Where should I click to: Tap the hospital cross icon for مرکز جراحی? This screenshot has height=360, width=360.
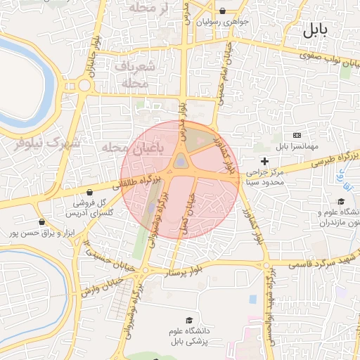coord(264,162)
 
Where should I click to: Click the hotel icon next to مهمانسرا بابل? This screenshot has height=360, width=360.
coord(296,135)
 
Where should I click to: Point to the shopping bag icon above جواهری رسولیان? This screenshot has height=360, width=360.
coord(223,11)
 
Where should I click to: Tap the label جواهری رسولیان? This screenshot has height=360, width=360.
coord(223,22)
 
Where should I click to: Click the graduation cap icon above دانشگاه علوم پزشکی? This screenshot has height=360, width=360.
coord(188,320)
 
